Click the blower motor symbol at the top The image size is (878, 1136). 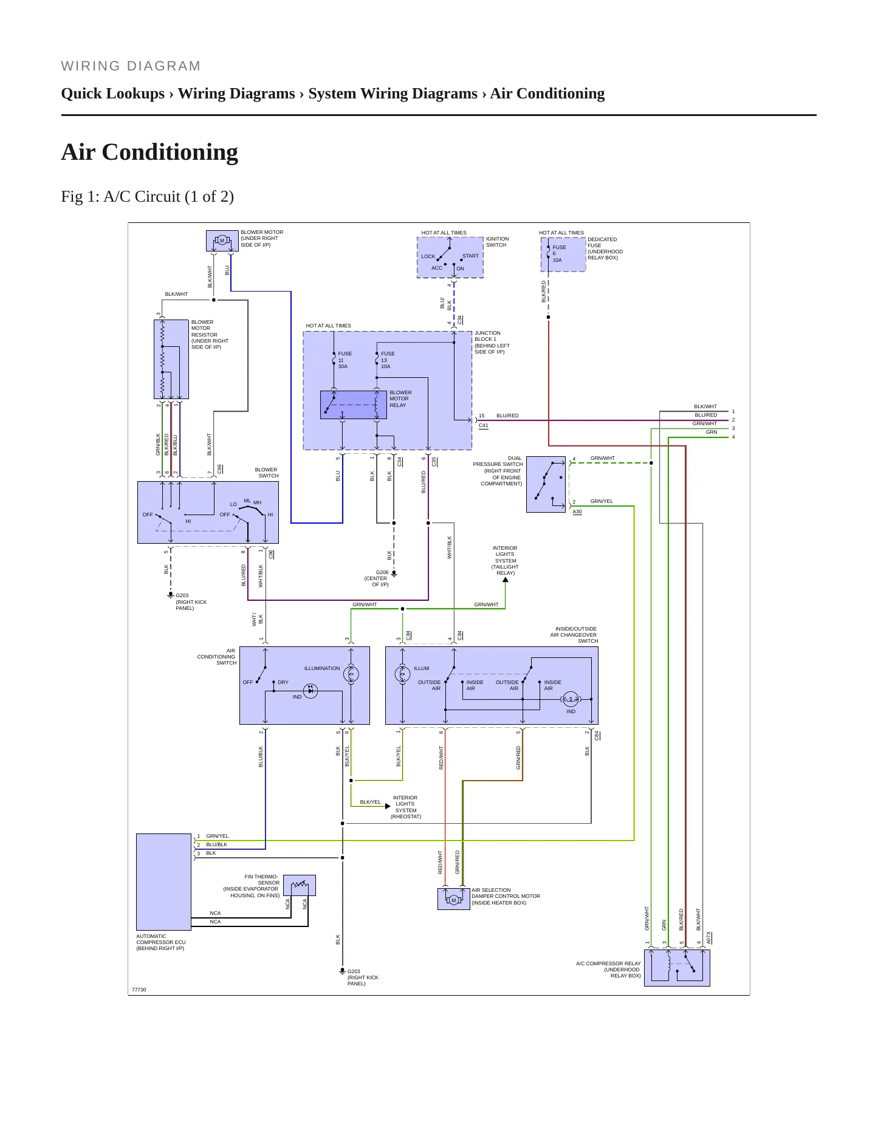(222, 241)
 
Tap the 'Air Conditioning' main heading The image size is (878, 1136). (149, 152)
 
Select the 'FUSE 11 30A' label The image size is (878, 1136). (345, 360)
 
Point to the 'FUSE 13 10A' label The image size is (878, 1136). (388, 360)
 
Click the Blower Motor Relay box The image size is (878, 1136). (354, 405)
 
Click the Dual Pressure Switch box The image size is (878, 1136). (546, 484)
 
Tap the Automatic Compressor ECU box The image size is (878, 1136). (163, 881)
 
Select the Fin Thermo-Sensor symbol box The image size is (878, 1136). (300, 885)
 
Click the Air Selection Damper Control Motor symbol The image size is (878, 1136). (453, 899)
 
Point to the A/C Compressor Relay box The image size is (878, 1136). (677, 968)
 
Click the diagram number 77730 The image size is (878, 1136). (139, 990)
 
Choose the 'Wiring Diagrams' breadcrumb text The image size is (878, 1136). (236, 94)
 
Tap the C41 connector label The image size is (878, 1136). (484, 425)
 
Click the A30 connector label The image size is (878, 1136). (577, 512)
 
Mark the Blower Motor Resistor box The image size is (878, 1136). (171, 359)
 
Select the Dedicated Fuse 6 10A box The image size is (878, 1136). (563, 254)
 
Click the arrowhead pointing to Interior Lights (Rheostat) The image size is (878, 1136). (388, 806)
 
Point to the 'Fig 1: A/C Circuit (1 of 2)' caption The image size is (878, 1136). (148, 197)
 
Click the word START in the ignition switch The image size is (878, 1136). (471, 256)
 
